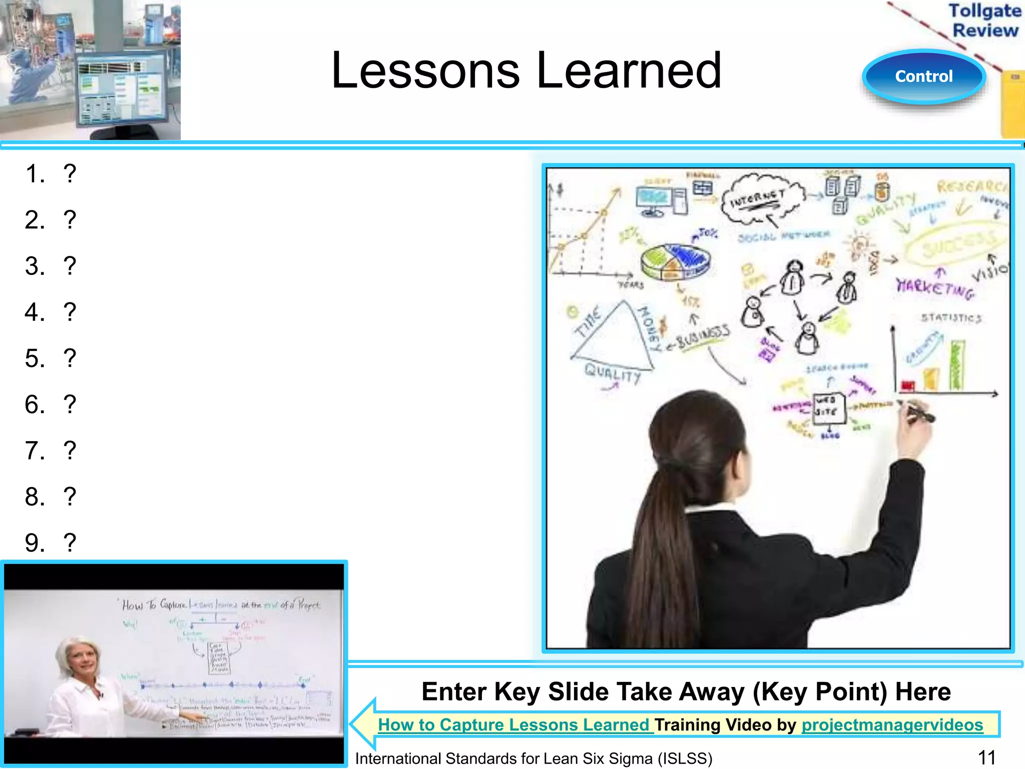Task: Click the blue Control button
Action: pyautogui.click(x=924, y=77)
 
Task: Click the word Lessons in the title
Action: pyautogui.click(x=425, y=71)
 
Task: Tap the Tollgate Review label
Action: pyautogui.click(x=985, y=20)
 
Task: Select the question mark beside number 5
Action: pyautogui.click(x=70, y=358)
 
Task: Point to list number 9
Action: pyautogui.click(x=35, y=543)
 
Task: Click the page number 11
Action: pyautogui.click(x=986, y=757)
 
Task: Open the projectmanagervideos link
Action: pyautogui.click(x=892, y=724)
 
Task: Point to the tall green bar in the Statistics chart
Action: pyautogui.click(x=957, y=365)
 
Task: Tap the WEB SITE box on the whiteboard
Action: pyautogui.click(x=829, y=407)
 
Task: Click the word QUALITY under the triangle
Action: pyautogui.click(x=613, y=373)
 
